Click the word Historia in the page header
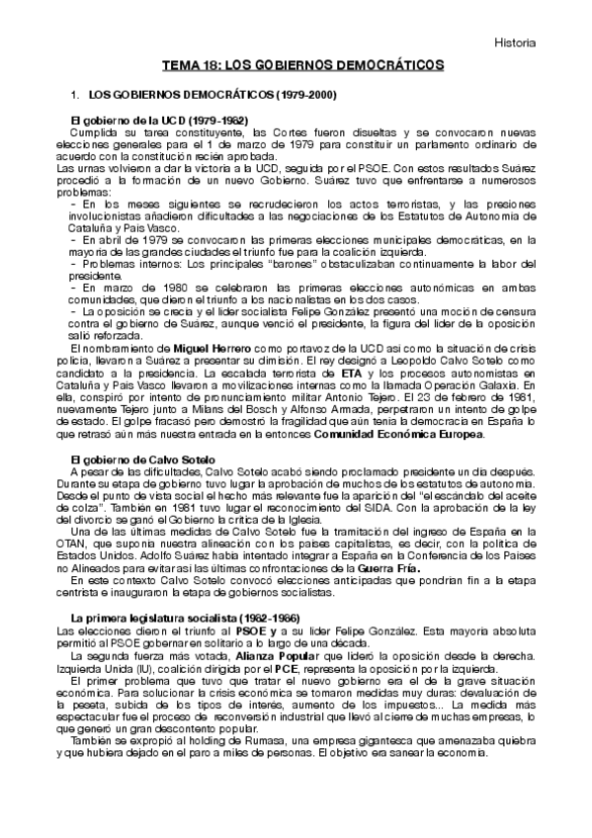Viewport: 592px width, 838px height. click(x=515, y=43)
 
